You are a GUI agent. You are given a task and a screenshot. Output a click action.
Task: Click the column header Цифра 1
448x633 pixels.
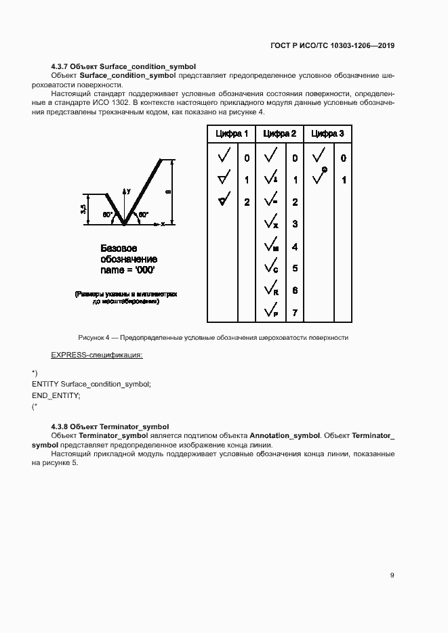pos(232,134)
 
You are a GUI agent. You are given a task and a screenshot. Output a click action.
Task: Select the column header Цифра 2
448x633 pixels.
pos(279,134)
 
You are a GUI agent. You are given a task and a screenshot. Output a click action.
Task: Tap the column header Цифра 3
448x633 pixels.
pos(327,134)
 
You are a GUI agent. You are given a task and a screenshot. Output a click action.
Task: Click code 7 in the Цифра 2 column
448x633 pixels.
pos(295,313)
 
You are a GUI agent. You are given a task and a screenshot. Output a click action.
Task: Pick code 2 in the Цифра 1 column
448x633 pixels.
pos(247,202)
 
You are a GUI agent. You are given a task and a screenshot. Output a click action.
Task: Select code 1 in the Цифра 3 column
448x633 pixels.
pos(344,180)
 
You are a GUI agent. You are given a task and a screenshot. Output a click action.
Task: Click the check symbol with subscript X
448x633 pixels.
pos(270,223)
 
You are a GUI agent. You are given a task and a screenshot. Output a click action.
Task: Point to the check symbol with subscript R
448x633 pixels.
pos(270,290)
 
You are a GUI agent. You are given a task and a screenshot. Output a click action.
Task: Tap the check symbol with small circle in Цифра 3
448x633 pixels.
pos(319,177)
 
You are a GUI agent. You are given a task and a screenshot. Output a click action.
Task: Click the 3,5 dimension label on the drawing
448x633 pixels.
pos(83,209)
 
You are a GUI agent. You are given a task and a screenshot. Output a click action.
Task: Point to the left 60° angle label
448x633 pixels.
pos(107,215)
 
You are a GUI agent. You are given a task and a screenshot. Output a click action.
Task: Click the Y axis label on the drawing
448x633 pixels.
pos(128,192)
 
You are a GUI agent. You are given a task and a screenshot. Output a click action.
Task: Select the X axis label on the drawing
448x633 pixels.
pos(163,223)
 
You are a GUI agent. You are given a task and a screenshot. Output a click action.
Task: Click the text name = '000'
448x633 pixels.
pos(127,269)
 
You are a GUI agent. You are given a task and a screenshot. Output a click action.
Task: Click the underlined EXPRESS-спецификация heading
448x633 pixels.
pos(97,355)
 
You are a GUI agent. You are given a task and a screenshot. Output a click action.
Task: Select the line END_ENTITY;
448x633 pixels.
pos(56,395)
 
